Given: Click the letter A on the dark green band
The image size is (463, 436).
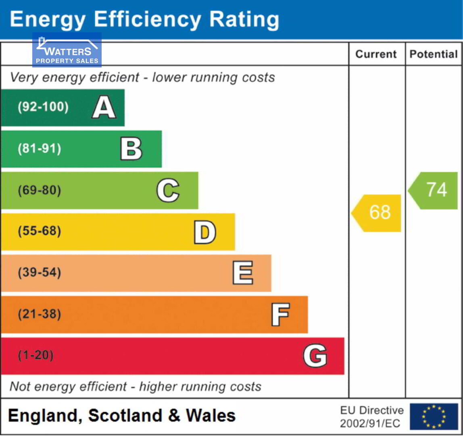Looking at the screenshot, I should (104, 107).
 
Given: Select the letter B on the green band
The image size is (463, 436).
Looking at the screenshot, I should (131, 149).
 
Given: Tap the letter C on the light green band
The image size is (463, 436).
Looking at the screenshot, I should (168, 191).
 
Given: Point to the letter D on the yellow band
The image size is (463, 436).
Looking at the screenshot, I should (205, 232).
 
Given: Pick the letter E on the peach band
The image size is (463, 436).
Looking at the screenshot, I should (243, 273).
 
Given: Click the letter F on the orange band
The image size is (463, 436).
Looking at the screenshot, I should (280, 315).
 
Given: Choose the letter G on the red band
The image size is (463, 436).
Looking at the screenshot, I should (315, 356).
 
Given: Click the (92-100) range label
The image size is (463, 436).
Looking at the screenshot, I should (43, 107).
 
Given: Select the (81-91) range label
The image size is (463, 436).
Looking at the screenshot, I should (40, 149).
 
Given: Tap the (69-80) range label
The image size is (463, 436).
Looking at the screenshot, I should (40, 191).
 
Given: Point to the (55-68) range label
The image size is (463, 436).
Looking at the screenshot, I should (40, 232).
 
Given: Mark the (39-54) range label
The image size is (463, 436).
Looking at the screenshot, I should (40, 273).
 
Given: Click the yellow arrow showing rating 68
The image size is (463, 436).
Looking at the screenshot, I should (377, 213).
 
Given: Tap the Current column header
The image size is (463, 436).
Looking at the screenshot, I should (376, 54).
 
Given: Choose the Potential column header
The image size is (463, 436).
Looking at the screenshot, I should (434, 54).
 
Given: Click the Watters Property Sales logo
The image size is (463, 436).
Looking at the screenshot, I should (67, 50).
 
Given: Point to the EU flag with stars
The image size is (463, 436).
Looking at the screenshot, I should (434, 417).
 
